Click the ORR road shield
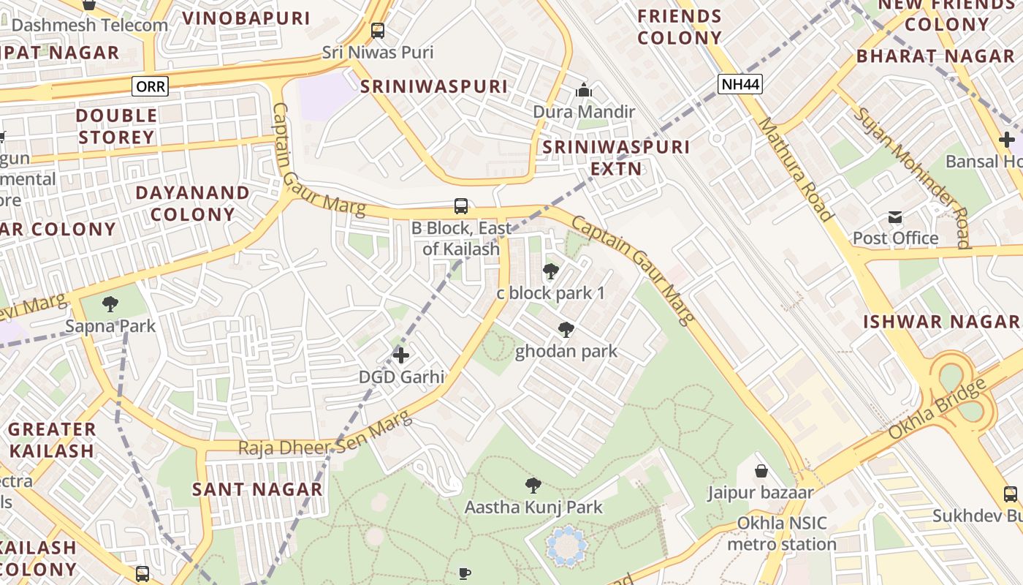tap(151, 87)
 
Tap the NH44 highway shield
tap(740, 84)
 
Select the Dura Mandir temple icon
tap(583, 91)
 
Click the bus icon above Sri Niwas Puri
tap(378, 31)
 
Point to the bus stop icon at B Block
tap(461, 206)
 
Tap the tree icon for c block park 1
tap(550, 272)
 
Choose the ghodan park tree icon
tap(566, 330)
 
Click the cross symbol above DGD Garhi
tap(400, 355)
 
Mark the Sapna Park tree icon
tap(110, 303)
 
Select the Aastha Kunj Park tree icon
tap(533, 485)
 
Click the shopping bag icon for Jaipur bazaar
tap(761, 471)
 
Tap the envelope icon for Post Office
tap(895, 217)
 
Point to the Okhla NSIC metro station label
tap(782, 534)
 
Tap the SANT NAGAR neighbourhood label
tap(257, 489)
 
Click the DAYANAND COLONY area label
tap(193, 203)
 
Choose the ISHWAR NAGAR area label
tap(941, 322)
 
